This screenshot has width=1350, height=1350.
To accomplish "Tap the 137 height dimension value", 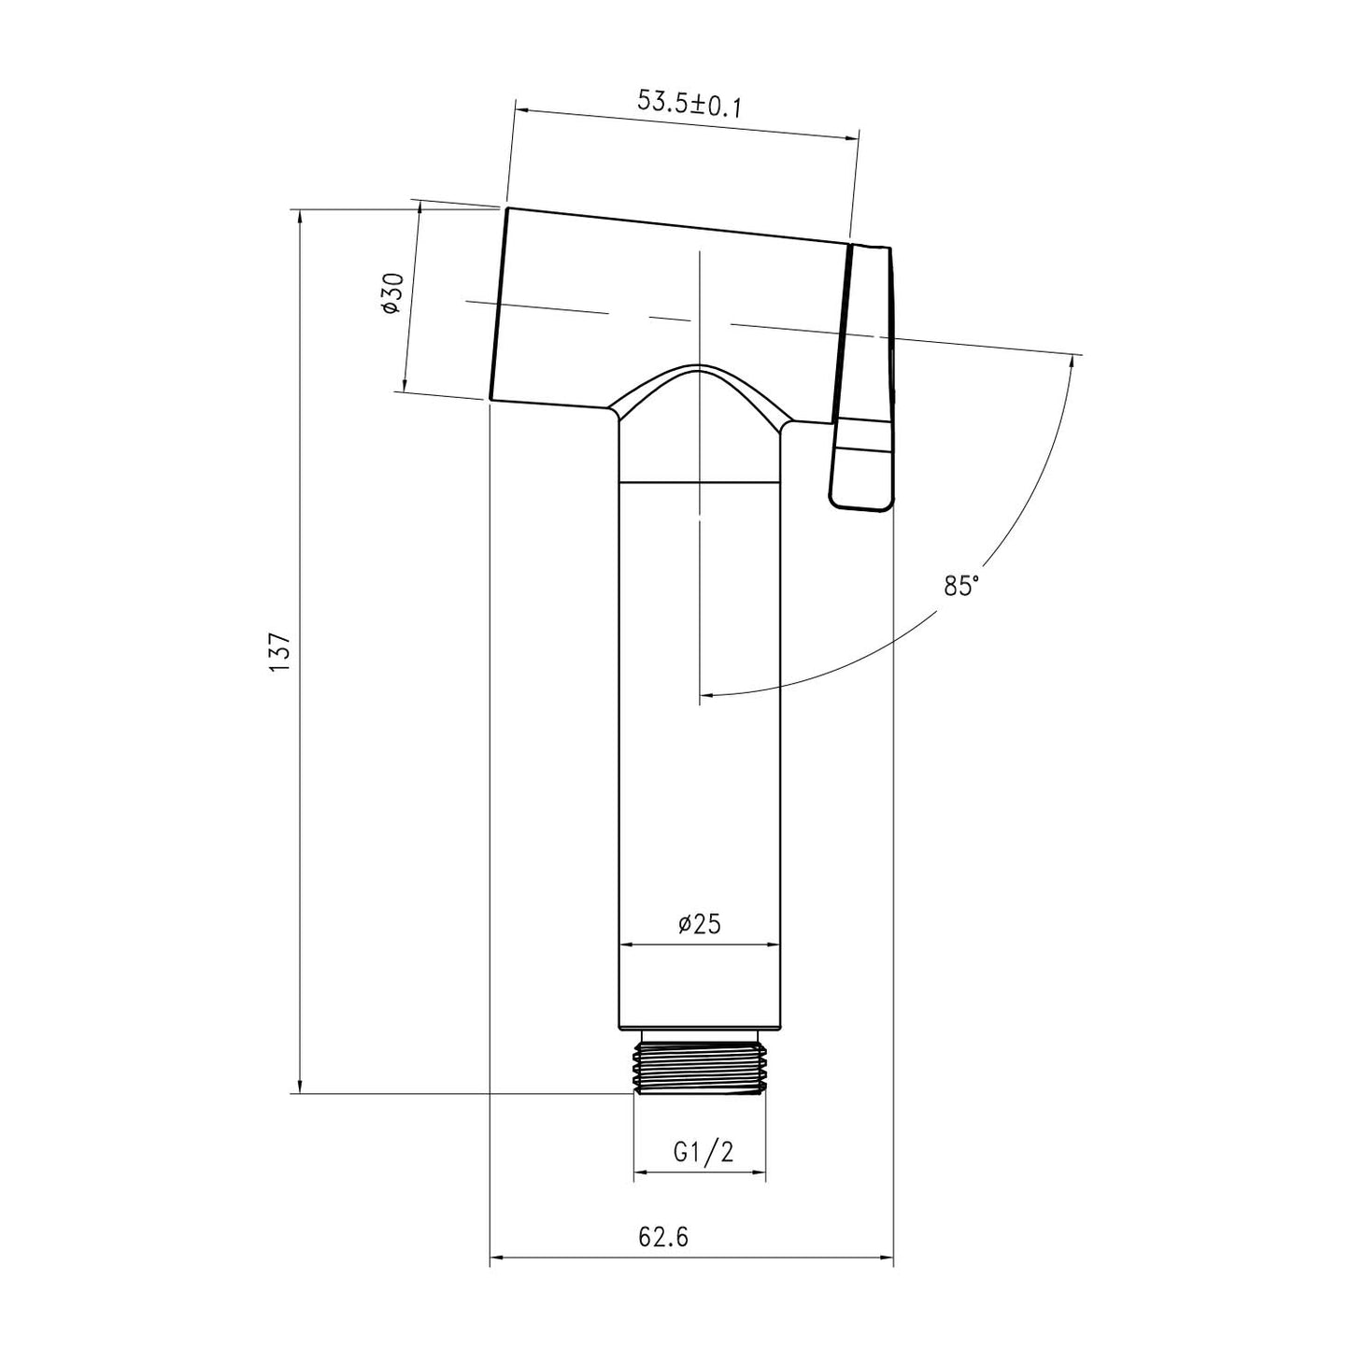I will (280, 651).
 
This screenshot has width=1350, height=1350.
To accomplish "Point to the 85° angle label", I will (961, 586).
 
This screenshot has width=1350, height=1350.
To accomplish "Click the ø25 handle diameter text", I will (699, 924).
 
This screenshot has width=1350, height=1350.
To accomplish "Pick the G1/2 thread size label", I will (703, 1153).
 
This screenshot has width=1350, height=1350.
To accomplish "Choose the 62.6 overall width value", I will (663, 1237).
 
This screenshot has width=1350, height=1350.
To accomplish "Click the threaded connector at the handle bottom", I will (700, 1066).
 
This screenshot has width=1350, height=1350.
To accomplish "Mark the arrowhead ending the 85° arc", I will (707, 695).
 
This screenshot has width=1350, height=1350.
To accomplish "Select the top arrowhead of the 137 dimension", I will (299, 217).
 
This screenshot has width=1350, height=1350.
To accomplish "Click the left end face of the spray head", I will (498, 304).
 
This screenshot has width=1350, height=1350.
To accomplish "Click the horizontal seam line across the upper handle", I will (700, 482).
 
